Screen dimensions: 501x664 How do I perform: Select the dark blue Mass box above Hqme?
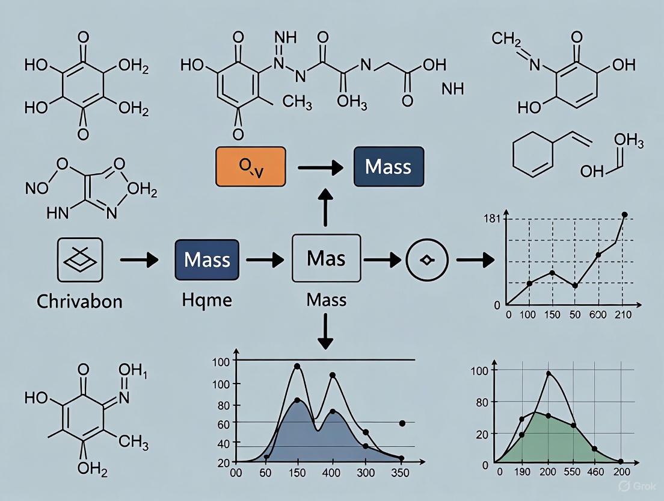[x=207, y=260]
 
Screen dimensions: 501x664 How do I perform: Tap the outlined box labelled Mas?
[x=325, y=260]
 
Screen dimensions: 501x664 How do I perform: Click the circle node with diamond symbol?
[x=426, y=260]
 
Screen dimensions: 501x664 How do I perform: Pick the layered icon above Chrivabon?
[x=79, y=260]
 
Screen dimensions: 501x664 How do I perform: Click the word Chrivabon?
[x=79, y=300]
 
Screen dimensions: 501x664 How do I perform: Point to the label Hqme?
[x=206, y=299]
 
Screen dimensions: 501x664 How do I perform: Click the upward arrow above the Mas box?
[x=325, y=210]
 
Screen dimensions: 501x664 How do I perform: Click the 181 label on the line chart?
[x=492, y=219]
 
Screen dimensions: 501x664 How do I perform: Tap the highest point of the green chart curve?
[x=549, y=374]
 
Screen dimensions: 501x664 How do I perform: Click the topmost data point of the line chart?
[x=624, y=215]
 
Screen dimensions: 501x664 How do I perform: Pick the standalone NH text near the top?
[x=452, y=90]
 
